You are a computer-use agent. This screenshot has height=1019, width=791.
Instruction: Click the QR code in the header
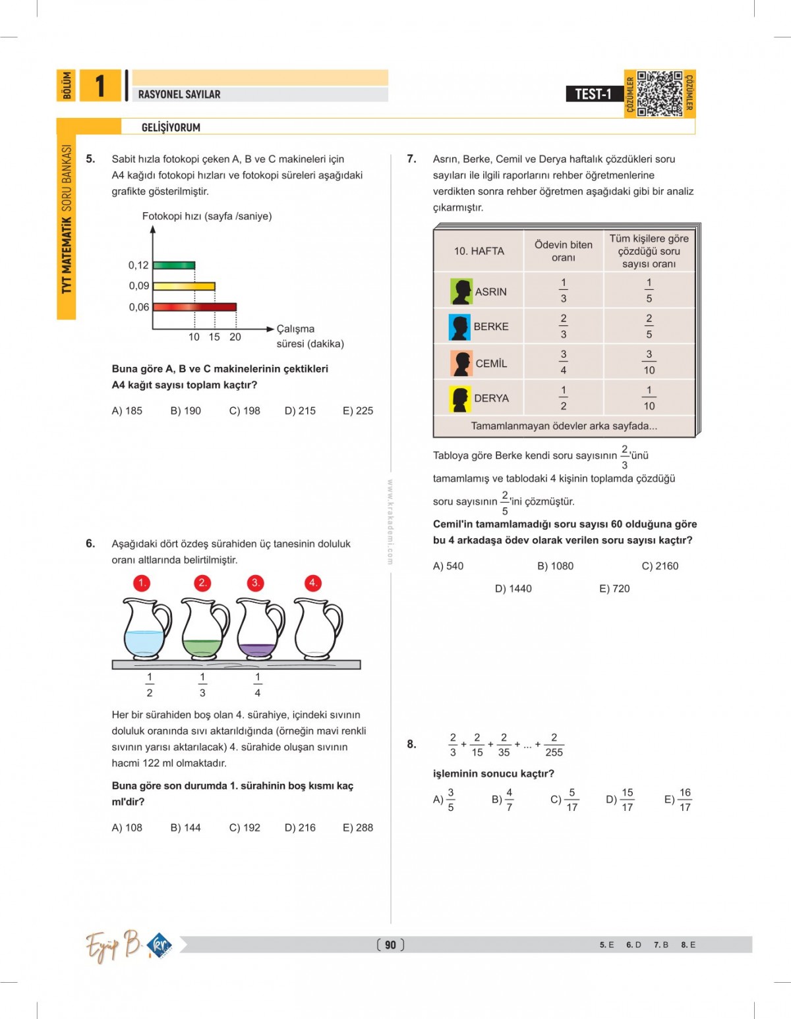pos(660,94)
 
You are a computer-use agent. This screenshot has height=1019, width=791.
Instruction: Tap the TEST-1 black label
pos(594,94)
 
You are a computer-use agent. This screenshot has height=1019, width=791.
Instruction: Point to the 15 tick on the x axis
pos(214,337)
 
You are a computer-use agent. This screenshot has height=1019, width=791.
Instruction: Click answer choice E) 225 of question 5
pos(357,410)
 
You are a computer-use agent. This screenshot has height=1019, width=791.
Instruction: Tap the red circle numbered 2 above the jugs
pos(202,583)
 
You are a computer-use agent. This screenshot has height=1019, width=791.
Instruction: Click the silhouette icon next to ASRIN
pos(461,291)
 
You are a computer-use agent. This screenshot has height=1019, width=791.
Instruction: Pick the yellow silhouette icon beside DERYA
pos(460,399)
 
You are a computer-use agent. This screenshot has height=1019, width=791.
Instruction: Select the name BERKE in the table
pos(491,327)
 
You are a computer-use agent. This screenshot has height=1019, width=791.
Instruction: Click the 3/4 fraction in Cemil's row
pos(563,362)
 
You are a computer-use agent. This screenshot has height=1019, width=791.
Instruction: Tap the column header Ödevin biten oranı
pos(563,251)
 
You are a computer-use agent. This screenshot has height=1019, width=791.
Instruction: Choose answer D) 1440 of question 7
pos(513,588)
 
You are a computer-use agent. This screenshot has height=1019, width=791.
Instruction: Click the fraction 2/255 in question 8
pos(554,745)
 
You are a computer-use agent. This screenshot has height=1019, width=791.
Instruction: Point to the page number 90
pos(390,945)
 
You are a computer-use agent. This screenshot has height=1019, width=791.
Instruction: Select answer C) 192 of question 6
pos(245,827)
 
